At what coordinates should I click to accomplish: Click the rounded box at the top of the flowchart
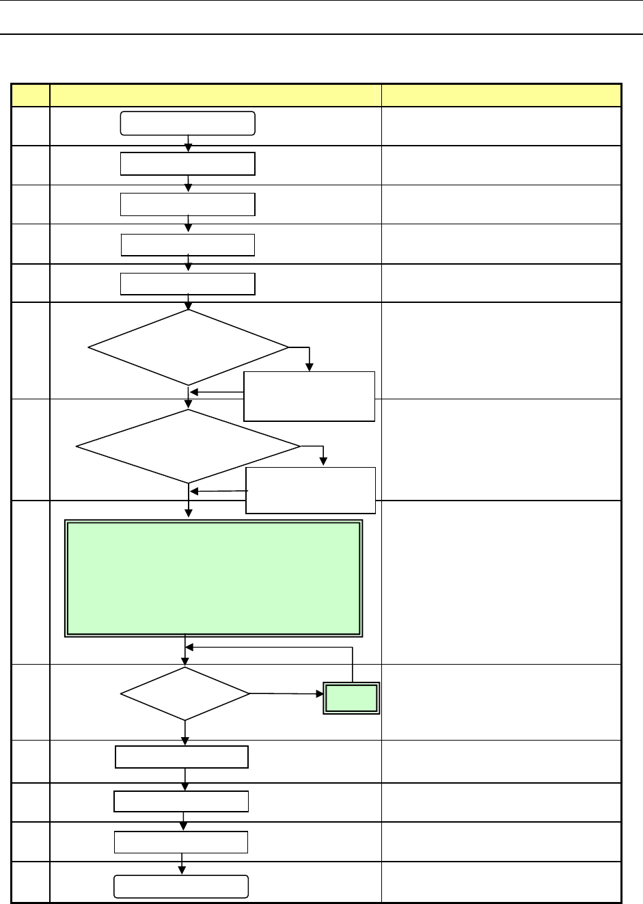[188, 123]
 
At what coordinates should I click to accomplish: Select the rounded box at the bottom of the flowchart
[181, 886]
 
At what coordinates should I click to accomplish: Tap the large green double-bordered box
[213, 579]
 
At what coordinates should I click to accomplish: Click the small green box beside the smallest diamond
[351, 697]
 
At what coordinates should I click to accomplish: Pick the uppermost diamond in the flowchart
[189, 347]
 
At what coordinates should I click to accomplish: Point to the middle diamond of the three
[188, 447]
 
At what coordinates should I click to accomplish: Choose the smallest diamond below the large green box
[185, 694]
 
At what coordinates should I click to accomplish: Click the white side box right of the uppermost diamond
[309, 396]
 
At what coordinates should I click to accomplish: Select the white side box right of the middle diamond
[311, 490]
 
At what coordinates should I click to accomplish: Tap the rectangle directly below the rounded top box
[188, 164]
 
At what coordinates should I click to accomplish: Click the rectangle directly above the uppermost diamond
[188, 284]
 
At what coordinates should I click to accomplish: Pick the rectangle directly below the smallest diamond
[182, 757]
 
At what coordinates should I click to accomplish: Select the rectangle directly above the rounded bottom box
[181, 842]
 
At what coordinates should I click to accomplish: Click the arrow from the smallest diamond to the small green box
[287, 694]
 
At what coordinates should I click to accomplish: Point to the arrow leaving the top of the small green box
[352, 663]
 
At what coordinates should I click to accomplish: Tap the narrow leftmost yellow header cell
[31, 94]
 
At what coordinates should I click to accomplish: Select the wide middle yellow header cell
[215, 94]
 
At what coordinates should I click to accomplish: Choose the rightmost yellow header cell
[501, 94]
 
